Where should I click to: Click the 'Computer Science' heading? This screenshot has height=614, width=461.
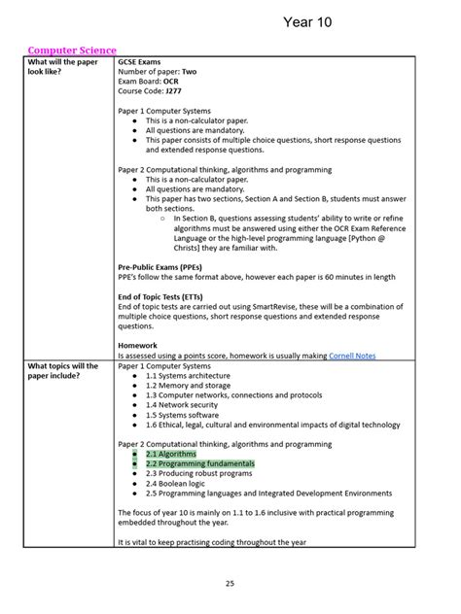pyautogui.click(x=72, y=50)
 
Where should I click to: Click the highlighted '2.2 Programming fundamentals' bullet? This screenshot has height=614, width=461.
pyautogui.click(x=199, y=463)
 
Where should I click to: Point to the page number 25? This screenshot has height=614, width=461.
pyautogui.click(x=230, y=583)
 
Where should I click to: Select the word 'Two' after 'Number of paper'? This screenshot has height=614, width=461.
pyautogui.click(x=189, y=71)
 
